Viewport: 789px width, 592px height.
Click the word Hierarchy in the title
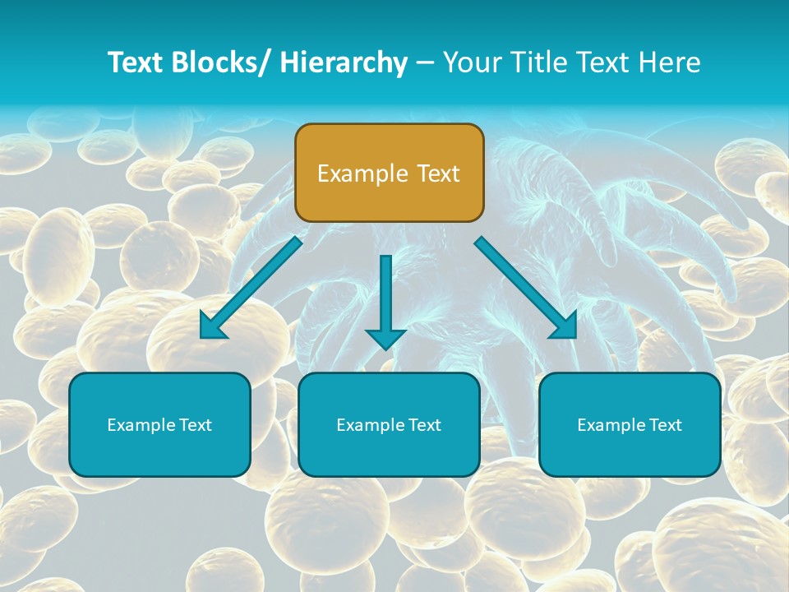tap(344, 62)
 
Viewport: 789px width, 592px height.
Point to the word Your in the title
tap(471, 62)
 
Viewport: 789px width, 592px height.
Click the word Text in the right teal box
tap(665, 425)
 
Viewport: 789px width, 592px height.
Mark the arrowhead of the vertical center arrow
tap(386, 338)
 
